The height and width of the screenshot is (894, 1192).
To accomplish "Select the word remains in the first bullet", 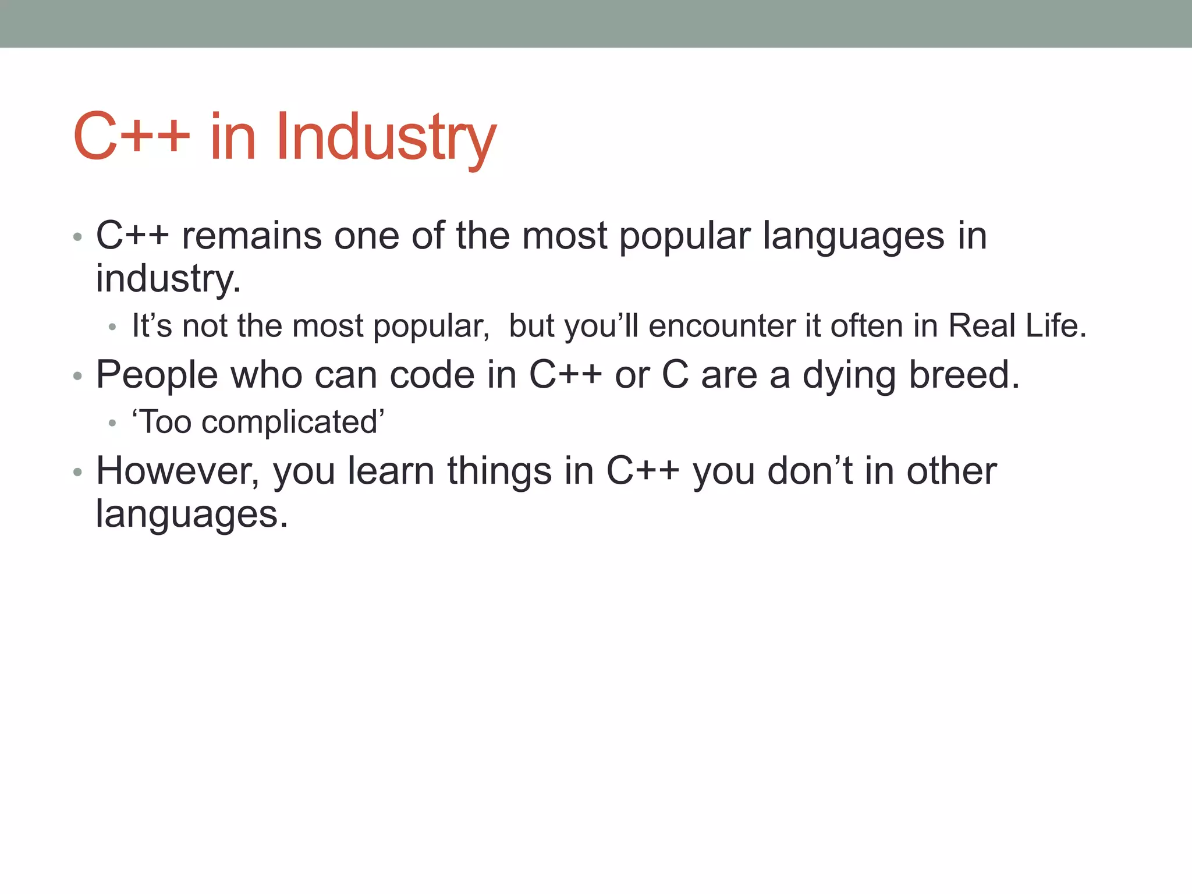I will click(x=251, y=236).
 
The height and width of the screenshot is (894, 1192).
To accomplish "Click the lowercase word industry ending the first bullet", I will click(x=168, y=279).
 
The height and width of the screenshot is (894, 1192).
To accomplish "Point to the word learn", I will click(x=391, y=471).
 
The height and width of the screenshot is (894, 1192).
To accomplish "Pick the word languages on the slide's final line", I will click(x=191, y=515).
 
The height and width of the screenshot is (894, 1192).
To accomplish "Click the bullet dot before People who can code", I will click(x=77, y=377).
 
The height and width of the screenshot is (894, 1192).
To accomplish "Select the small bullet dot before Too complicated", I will click(x=112, y=424).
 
